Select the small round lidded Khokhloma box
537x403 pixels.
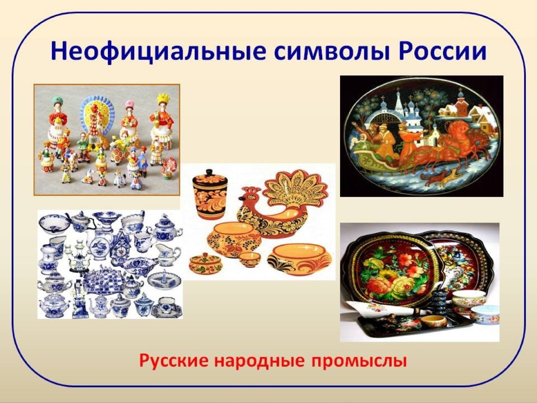(205, 264)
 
